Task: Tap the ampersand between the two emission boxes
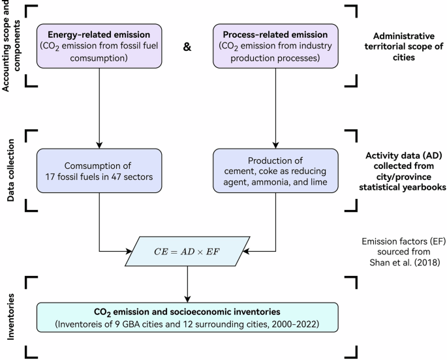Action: (187, 47)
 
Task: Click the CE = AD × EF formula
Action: (188, 249)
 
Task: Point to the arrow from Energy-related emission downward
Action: (99, 108)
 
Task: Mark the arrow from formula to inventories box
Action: (188, 282)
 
